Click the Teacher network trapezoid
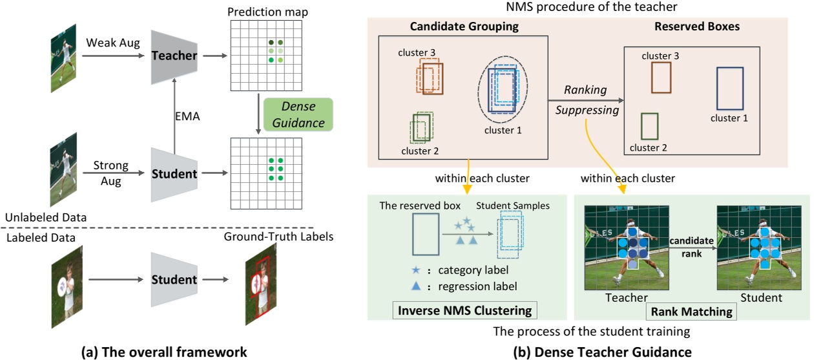pos(174,56)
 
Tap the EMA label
pos(188,118)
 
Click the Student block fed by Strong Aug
pos(174,175)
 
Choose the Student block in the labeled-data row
pos(174,280)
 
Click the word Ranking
pos(583,90)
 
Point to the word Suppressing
pos(587,110)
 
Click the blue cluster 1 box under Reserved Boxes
pos(731,88)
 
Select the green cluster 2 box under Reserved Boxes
pos(649,126)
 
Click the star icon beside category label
pos(421,270)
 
